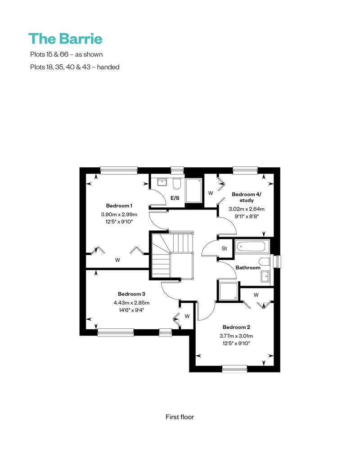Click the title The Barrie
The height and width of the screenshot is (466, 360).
pos(65,39)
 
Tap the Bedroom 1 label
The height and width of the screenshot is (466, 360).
pos(119,206)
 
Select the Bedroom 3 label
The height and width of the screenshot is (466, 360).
pos(131,294)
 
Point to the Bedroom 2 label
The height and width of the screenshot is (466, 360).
pos(236,327)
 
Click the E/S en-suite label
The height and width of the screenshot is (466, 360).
pos(175,198)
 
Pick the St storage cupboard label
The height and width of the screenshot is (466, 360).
pos(225,248)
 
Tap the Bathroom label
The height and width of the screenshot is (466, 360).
pos(248,268)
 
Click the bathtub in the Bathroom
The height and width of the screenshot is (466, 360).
pos(252,246)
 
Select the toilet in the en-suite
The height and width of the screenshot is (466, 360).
pos(176,184)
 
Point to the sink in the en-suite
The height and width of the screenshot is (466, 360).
pos(162,182)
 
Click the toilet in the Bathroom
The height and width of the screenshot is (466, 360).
pos(264,262)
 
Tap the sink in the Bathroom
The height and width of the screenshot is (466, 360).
pos(265,277)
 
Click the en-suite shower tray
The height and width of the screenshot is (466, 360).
pos(193,190)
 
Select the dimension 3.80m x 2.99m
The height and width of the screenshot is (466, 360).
pos(119,214)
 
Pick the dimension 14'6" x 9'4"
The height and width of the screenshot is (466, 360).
pos(131,310)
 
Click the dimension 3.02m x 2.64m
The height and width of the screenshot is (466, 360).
pos(247,209)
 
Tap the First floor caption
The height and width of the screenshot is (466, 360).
pos(180,417)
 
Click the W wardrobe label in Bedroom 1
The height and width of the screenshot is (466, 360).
pos(117,260)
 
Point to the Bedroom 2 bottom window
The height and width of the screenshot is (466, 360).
pos(234,369)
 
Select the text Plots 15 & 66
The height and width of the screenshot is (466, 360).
pos(49,54)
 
